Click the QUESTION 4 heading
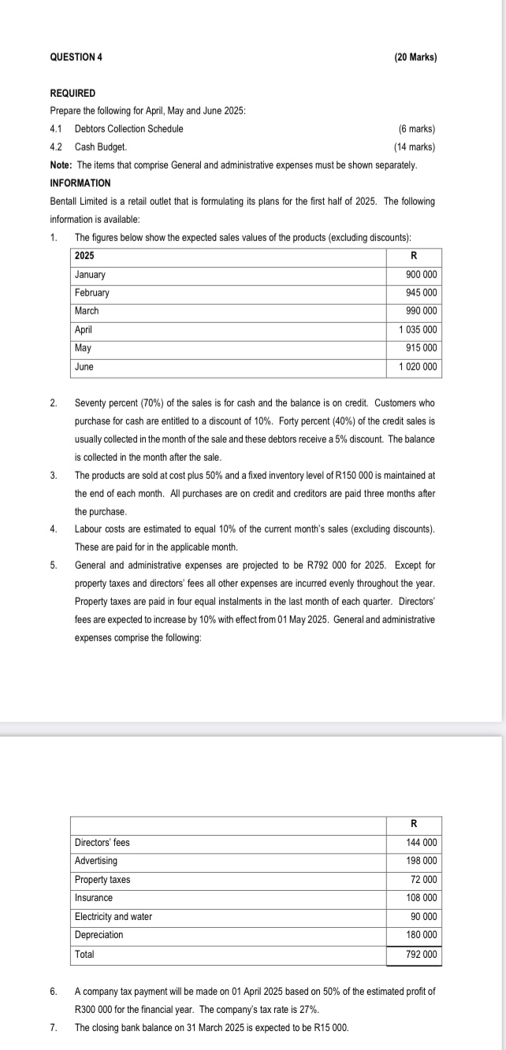pyautogui.click(x=76, y=58)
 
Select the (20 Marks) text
pyautogui.click(x=415, y=58)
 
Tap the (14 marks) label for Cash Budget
pyautogui.click(x=414, y=147)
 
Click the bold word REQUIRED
pyautogui.click(x=73, y=93)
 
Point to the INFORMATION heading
pyautogui.click(x=80, y=183)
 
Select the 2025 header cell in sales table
pyautogui.click(x=84, y=256)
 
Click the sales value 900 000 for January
pyautogui.click(x=419, y=275)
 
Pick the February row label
pyautogui.click(x=92, y=293)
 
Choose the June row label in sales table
pyautogui.click(x=84, y=367)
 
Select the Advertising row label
pyautogui.click(x=95, y=861)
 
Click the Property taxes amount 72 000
pyautogui.click(x=424, y=880)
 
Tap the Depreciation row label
pyautogui.click(x=99, y=935)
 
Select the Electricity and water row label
pyautogui.click(x=113, y=917)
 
